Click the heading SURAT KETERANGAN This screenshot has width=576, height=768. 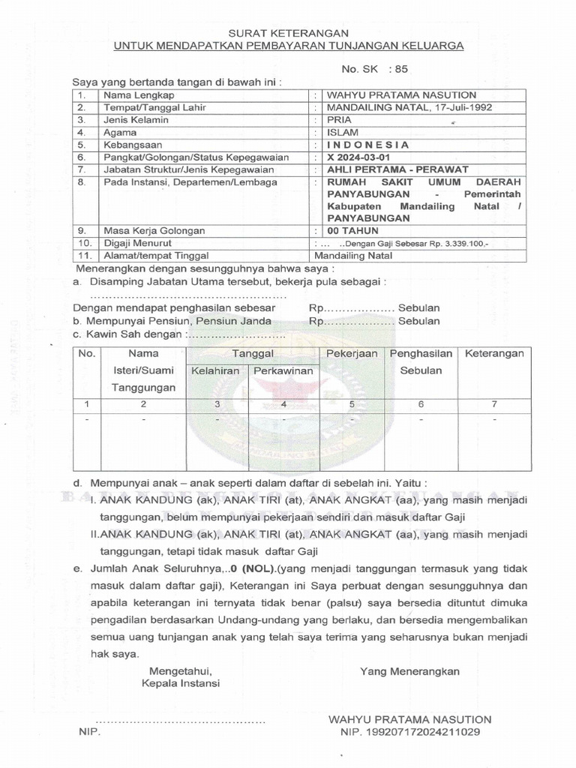[288, 32]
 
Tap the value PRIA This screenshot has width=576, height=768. [338, 120]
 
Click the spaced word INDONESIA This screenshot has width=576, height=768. [367, 145]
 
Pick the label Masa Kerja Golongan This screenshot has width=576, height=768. [154, 231]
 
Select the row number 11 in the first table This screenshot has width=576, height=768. [85, 255]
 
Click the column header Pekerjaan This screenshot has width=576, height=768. [352, 353]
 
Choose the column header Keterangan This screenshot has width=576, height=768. [494, 353]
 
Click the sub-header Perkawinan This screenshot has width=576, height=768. [283, 371]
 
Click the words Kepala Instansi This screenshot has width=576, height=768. [181, 684]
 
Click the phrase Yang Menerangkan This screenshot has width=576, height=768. [409, 670]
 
